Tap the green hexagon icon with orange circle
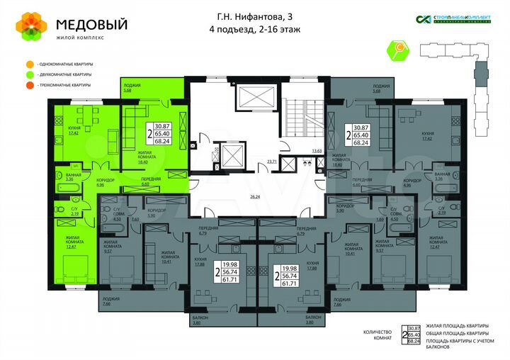click(x=397, y=50)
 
